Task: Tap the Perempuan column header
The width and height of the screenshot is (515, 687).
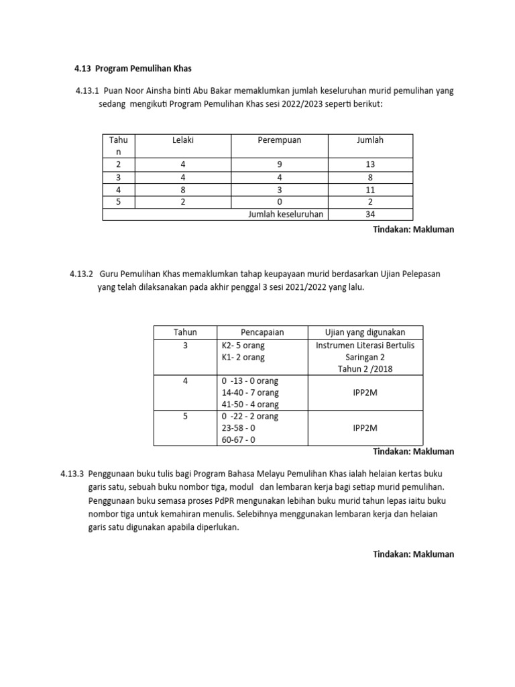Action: pos(280,140)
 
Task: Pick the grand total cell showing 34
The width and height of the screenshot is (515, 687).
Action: pos(370,214)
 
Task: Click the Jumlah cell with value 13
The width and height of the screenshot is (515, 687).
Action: pos(370,164)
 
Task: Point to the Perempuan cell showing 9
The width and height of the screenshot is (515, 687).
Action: pos(280,164)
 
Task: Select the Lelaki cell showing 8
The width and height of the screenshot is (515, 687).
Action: pos(182,190)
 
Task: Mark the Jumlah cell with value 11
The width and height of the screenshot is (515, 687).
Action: pos(370,190)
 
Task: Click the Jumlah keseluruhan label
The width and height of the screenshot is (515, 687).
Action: pos(286,214)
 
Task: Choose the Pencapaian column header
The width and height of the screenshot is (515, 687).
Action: pos(262,333)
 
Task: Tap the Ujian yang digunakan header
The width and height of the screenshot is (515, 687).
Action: pos(365,333)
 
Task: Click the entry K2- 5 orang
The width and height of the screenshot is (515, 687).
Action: pos(243,346)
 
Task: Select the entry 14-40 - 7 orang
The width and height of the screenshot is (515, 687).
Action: pos(250,392)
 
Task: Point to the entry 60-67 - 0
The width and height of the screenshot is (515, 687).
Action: pos(239,439)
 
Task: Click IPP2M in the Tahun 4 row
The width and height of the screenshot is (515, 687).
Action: pos(365,392)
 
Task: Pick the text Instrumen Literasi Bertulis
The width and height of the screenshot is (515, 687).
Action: pos(365,346)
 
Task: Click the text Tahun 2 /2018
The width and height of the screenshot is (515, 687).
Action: pos(365,370)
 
